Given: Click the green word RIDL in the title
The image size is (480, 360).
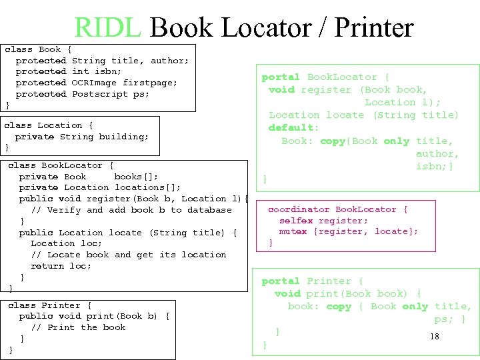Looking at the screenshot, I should [x=107, y=28].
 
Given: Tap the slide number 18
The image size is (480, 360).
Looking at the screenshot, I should [x=435, y=337].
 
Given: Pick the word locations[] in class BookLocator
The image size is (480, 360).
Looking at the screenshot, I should [x=147, y=187].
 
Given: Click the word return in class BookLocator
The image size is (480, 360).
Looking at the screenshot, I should [x=47, y=266].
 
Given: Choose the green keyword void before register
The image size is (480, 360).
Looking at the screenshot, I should [x=281, y=89].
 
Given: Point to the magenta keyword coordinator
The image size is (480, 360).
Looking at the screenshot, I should [x=299, y=209].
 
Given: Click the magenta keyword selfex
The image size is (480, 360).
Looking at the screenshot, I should [x=295, y=221].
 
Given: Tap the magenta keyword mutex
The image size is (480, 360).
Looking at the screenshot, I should [x=293, y=231].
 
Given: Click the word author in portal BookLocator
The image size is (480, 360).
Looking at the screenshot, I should [x=437, y=153].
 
